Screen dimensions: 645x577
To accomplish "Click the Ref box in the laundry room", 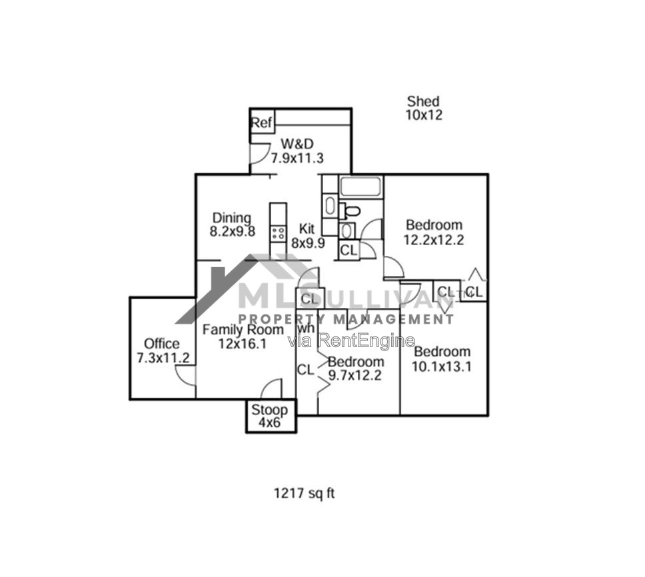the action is (x=263, y=122).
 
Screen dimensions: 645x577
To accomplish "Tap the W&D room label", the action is (x=297, y=143).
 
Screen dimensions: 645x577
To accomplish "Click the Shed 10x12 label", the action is (x=424, y=108).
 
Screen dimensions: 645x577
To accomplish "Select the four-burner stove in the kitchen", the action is (x=278, y=234).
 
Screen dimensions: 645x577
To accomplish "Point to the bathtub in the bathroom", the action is (x=360, y=187).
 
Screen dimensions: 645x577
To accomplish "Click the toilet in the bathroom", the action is (x=350, y=211).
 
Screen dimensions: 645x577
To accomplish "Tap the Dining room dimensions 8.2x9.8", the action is (x=233, y=232).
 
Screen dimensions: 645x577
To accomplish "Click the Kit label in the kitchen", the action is (x=307, y=229).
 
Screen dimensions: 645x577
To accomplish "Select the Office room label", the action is (x=162, y=343).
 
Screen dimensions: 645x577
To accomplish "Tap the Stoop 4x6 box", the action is (x=271, y=416).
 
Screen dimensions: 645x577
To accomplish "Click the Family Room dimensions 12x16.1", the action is (x=243, y=343).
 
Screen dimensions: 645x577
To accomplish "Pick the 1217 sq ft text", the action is (x=305, y=492).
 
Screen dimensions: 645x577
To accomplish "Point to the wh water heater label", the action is (x=307, y=328).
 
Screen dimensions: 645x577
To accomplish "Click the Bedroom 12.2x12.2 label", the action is (x=434, y=232).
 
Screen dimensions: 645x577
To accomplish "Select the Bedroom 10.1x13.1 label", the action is (x=442, y=358).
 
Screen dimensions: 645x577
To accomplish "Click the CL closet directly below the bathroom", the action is (x=349, y=250).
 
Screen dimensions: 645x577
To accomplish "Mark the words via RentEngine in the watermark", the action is (x=351, y=340).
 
